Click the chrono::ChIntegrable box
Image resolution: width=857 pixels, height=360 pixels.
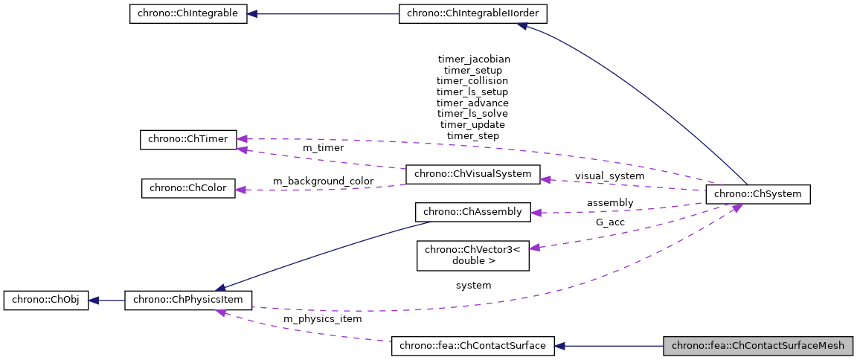click(188, 14)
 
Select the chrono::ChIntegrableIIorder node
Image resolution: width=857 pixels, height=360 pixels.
click(473, 14)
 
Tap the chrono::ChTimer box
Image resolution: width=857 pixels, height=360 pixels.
click(188, 139)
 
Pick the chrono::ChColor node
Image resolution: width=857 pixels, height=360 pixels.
click(188, 188)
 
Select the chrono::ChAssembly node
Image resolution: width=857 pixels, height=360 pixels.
click(472, 212)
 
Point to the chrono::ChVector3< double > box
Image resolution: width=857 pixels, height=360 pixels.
click(472, 254)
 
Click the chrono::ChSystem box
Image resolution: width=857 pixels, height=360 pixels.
click(757, 194)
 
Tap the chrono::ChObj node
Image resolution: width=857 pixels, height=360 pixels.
click(46, 300)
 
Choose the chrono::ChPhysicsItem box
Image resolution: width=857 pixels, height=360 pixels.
click(188, 300)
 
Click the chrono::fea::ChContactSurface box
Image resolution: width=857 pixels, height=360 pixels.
click(472, 346)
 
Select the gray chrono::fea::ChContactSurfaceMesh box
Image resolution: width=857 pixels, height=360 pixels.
click(758, 346)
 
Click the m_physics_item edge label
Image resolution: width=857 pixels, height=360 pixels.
click(323, 319)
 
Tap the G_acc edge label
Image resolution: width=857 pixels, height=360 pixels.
click(609, 222)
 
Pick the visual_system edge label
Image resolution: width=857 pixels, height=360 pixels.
click(609, 176)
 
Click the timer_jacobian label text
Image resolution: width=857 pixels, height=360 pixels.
click(474, 58)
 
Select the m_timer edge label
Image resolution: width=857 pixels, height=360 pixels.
click(323, 148)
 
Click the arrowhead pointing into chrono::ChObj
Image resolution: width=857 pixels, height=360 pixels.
click(94, 300)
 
